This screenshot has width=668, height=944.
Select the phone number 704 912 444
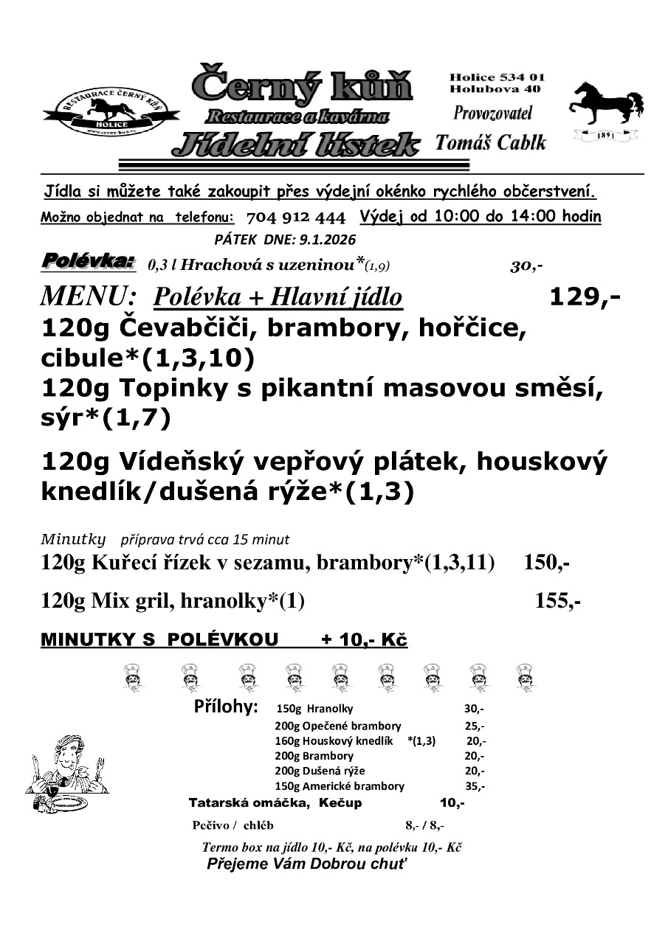point(295,218)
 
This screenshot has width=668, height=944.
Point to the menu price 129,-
point(585,296)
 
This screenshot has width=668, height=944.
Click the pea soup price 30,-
point(526,266)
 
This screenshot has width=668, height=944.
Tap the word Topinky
point(175,388)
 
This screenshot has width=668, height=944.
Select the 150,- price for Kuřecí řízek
point(546,563)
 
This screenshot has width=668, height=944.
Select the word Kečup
point(340,802)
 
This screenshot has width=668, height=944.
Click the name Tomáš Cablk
point(491,142)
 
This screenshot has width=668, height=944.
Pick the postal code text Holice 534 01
point(497,77)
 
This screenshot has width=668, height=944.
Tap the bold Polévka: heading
point(88,261)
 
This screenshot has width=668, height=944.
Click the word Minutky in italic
point(73,538)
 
